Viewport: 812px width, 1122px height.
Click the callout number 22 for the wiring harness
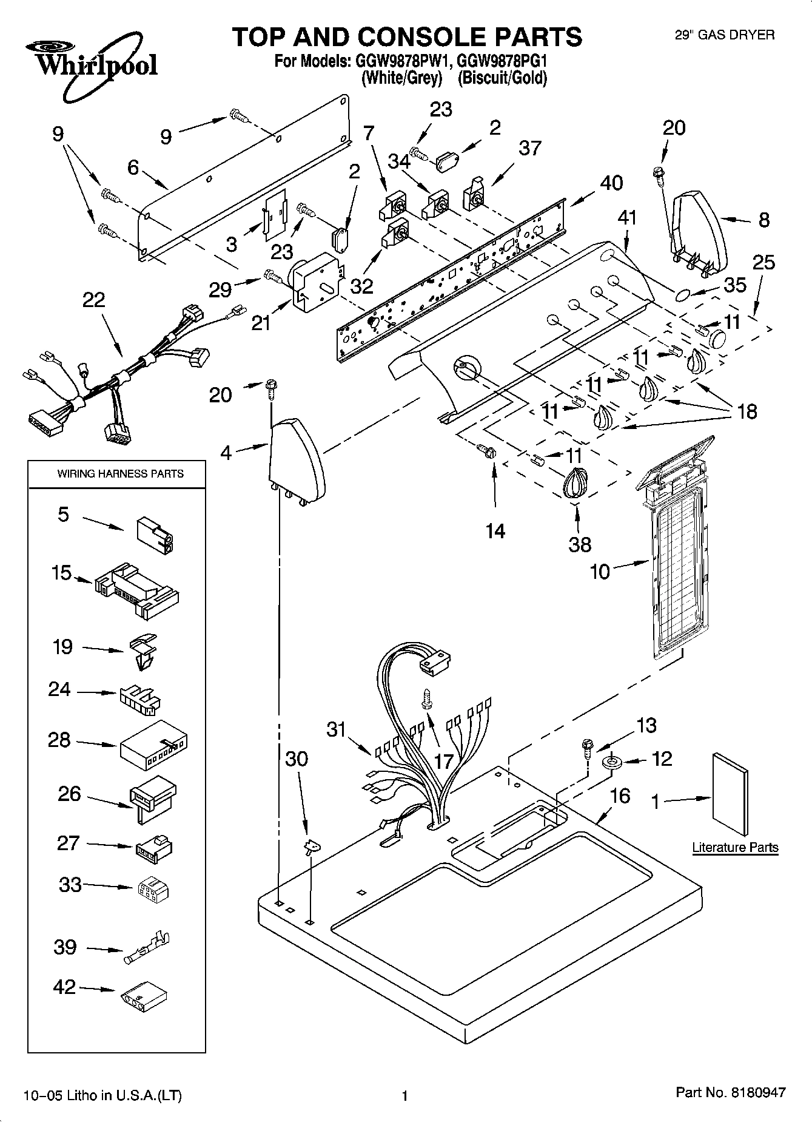[93, 300]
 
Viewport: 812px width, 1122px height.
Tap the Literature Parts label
[735, 847]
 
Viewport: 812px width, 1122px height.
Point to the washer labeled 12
[611, 761]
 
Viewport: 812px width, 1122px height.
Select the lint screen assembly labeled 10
[674, 558]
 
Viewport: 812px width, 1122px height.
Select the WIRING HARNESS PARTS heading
[120, 473]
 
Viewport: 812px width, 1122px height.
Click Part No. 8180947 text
[731, 1092]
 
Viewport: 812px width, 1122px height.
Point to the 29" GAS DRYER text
[725, 35]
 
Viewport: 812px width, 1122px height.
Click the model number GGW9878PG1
[502, 61]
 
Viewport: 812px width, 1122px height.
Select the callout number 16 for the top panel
[620, 795]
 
